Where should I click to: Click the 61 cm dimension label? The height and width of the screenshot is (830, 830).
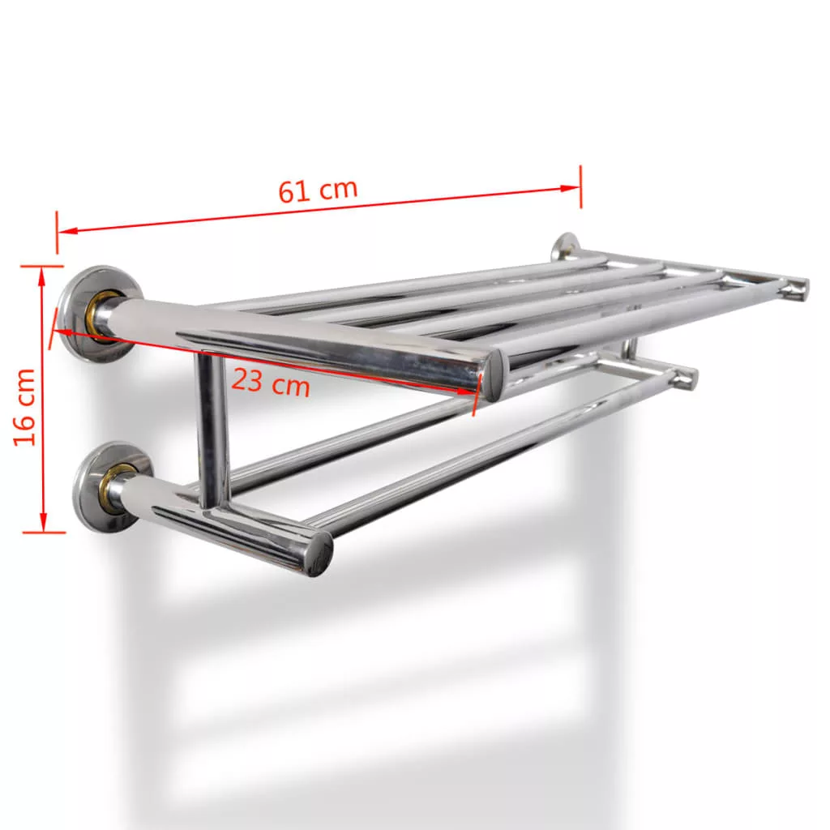[x=318, y=190]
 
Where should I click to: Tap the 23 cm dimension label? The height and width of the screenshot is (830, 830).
[x=271, y=382]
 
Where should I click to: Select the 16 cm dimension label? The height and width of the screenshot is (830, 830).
[x=25, y=407]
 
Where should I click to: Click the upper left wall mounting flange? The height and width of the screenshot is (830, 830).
[x=99, y=314]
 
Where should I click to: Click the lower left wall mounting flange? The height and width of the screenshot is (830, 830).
[x=112, y=488]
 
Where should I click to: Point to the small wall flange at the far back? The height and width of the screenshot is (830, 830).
[x=565, y=246]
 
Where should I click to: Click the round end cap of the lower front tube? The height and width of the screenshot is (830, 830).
[x=319, y=554]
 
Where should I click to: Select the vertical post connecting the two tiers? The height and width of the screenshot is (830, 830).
[x=213, y=430]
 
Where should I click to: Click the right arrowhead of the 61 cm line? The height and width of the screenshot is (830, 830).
[x=571, y=187]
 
